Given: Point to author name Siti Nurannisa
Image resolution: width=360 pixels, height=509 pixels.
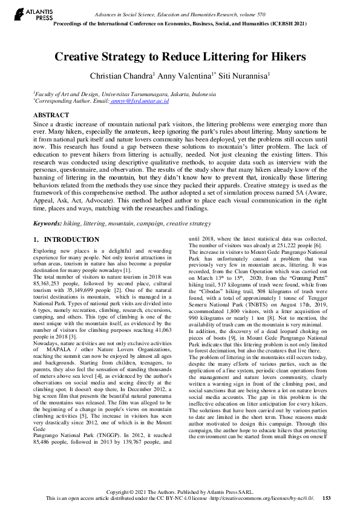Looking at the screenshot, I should (244, 76).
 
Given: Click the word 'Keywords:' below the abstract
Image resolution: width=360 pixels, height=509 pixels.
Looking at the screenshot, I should (48, 224).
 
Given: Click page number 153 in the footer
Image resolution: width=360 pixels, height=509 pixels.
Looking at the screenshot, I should (326, 498).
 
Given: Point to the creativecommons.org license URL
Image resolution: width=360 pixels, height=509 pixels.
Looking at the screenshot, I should (266, 498).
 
